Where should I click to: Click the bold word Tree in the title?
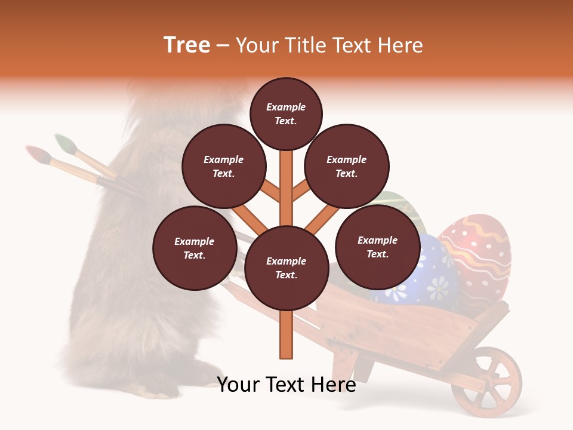[x=187, y=45]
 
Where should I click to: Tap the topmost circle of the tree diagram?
[x=286, y=113]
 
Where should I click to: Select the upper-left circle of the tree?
[x=223, y=166]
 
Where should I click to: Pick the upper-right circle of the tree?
[x=347, y=167]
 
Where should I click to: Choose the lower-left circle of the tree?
[x=195, y=248]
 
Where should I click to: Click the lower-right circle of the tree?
[x=377, y=247]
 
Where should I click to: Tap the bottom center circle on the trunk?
[x=286, y=268]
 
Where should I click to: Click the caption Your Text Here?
[x=286, y=385]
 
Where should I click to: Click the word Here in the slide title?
[x=401, y=45]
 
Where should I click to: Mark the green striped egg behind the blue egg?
[x=406, y=206]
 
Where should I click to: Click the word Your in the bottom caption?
[x=238, y=385]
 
